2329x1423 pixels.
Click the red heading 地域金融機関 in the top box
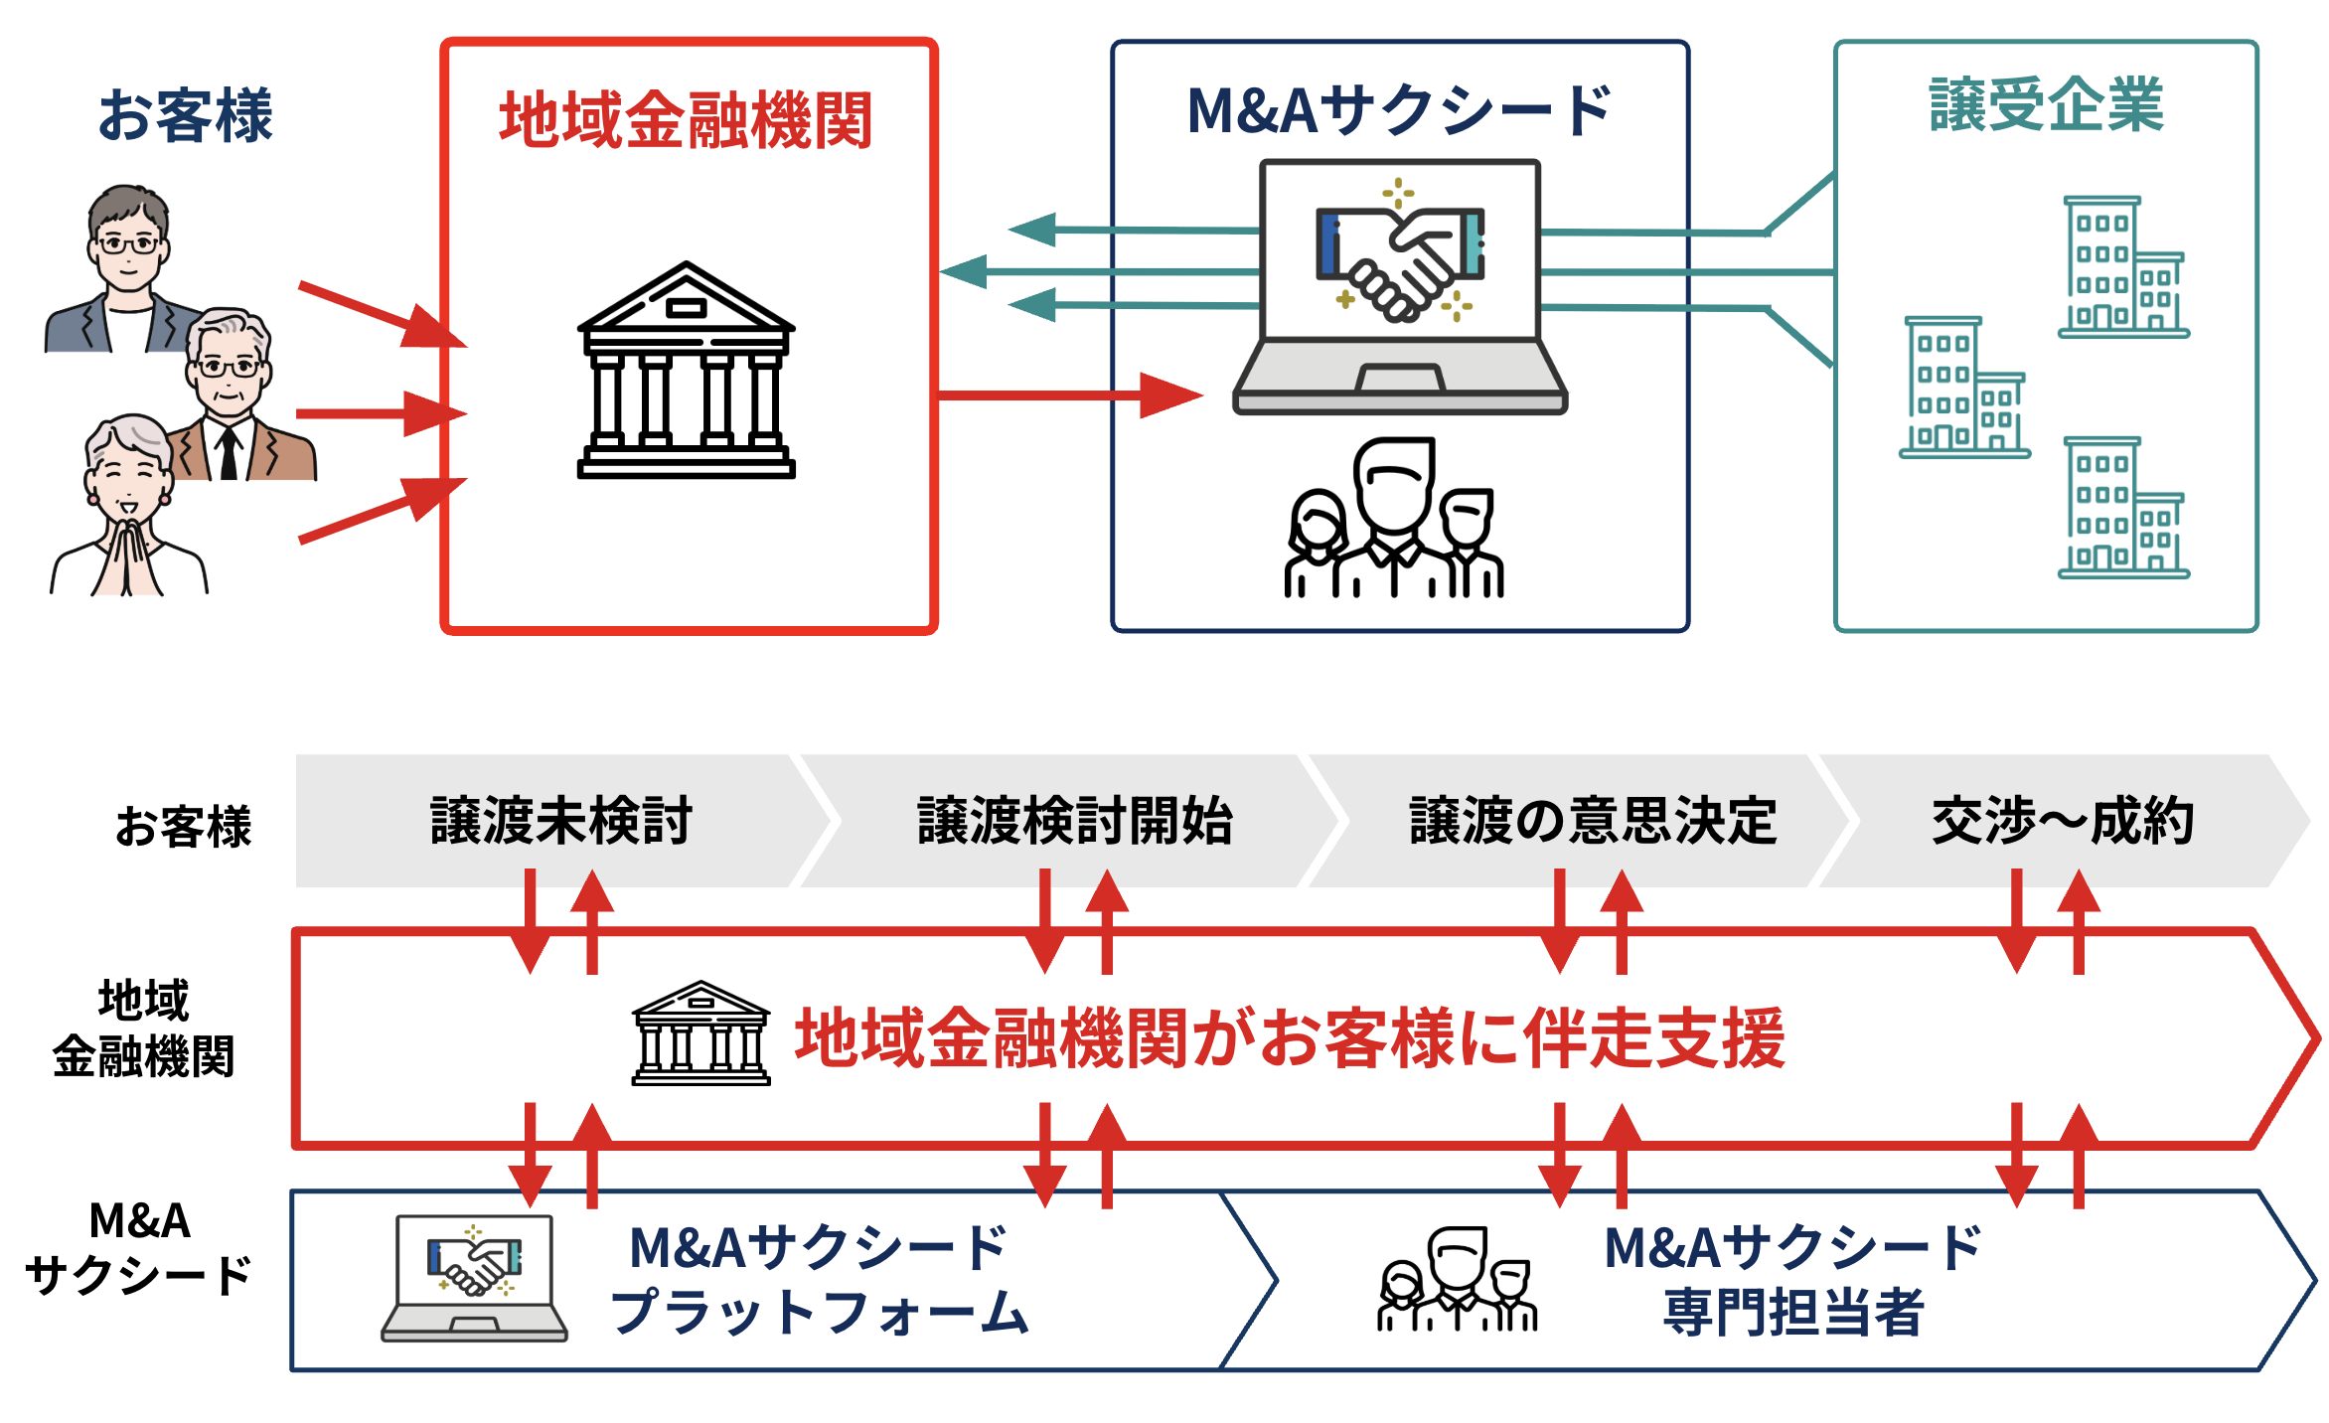point(686,120)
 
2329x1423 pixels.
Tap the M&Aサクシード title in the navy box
point(1399,110)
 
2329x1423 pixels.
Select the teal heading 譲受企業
point(2046,104)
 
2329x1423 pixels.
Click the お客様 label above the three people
point(185,115)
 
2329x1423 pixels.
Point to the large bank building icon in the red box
point(687,371)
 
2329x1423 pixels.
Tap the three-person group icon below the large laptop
point(1394,519)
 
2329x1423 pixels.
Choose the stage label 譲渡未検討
point(561,821)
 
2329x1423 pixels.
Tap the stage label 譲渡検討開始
point(1075,821)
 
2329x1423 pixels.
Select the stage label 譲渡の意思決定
point(1593,821)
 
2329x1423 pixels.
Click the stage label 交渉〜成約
point(2063,821)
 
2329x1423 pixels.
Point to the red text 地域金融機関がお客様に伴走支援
point(1290,1038)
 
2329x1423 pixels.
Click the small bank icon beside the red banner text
point(701,1033)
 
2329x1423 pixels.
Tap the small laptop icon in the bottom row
point(474,1278)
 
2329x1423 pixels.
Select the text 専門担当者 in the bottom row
point(1793,1312)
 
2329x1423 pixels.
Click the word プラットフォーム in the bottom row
point(819,1312)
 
